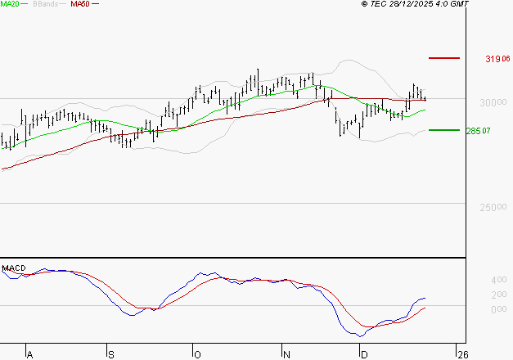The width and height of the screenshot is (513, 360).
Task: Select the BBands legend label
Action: pos(46,4)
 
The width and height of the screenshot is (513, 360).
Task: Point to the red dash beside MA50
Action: pos(96,4)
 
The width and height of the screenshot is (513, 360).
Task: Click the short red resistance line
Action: pos(444,58)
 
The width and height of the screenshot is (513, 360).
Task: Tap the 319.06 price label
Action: pos(497,59)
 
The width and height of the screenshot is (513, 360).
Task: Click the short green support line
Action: pos(444,130)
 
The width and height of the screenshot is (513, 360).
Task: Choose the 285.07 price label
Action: pos(497,131)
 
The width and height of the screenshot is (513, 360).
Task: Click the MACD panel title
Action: pos(13,268)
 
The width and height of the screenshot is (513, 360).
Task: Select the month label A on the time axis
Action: pos(30,354)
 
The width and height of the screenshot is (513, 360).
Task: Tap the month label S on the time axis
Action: pos(111,354)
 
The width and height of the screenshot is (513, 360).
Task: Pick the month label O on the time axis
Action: pos(197,354)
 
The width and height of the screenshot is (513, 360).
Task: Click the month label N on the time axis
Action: pos(286,354)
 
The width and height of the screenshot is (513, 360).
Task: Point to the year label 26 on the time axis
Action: pos(463,354)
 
